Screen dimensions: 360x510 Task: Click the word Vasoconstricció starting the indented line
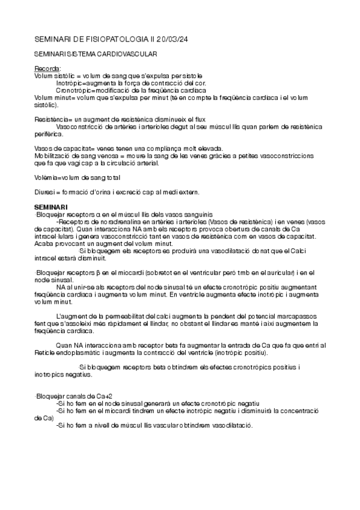[x=79, y=127]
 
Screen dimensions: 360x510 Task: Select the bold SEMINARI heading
[x=51, y=207]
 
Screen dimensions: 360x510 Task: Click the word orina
[x=100, y=192]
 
